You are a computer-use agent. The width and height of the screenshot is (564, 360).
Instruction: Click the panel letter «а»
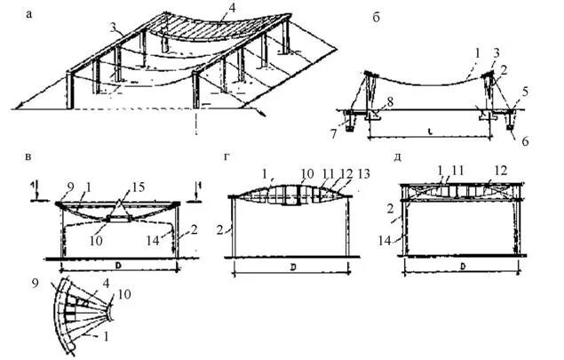[x=32, y=13]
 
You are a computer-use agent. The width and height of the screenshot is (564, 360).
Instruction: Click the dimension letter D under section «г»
[x=291, y=267]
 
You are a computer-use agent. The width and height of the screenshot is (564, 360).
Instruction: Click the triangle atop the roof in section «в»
[x=120, y=206]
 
